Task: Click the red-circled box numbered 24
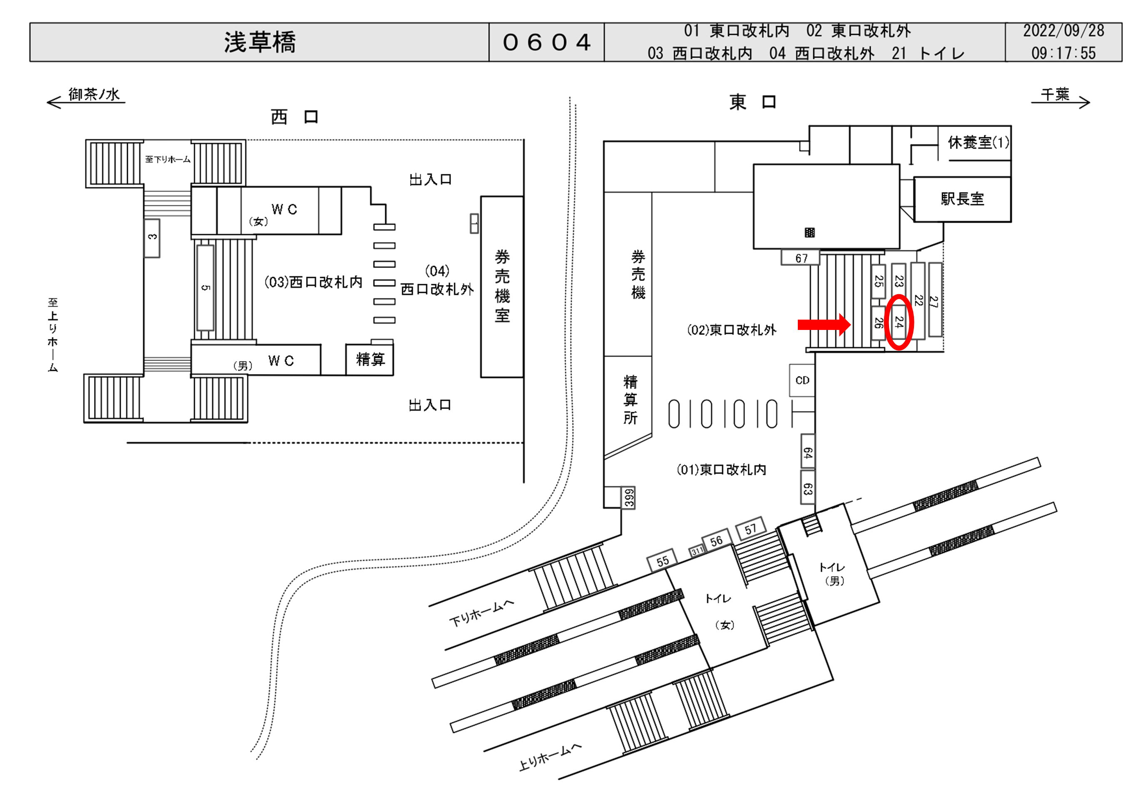(899, 322)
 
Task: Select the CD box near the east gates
(802, 380)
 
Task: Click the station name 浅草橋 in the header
(259, 42)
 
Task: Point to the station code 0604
(547, 42)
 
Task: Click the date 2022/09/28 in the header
(1063, 31)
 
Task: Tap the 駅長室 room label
(962, 199)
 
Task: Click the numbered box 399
(629, 498)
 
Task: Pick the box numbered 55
(662, 561)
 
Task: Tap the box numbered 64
(807, 452)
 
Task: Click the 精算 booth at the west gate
(370, 359)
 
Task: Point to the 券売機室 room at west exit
(502, 286)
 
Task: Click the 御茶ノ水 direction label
(94, 94)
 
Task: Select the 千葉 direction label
(1055, 94)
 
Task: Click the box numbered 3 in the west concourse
(152, 237)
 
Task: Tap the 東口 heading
(752, 102)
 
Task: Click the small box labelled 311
(697, 551)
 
